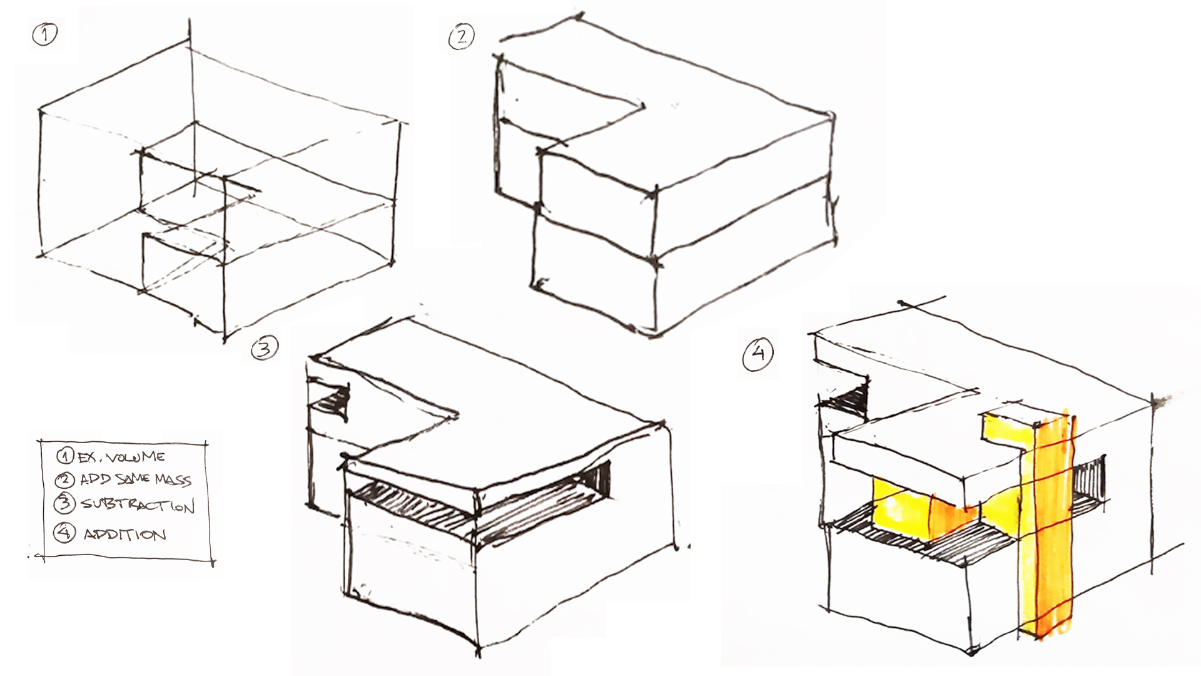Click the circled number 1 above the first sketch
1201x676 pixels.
coord(44,34)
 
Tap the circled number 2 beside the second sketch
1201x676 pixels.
coord(461,38)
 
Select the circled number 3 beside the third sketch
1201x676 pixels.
coord(264,349)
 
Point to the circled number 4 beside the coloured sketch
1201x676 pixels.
coord(758,354)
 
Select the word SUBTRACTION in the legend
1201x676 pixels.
coord(138,504)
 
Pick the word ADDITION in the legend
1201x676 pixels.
coord(125,535)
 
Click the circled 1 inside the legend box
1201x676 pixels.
coord(65,456)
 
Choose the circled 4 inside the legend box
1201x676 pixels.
coord(64,533)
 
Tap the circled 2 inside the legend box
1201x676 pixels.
coord(65,480)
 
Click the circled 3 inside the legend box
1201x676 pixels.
coord(64,504)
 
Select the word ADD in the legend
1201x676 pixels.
coord(95,480)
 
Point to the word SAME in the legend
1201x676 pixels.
coord(133,480)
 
